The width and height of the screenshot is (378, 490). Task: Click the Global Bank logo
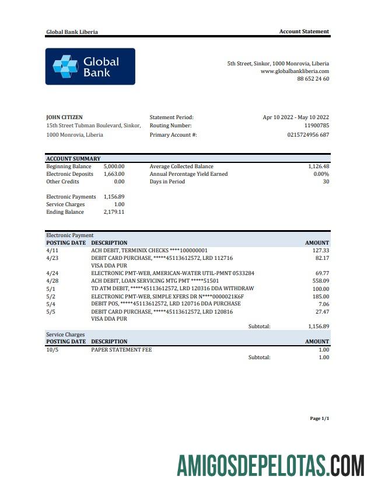(x=90, y=67)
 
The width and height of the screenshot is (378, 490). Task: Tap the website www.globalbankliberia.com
(x=295, y=71)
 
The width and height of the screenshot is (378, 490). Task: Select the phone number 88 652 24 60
(x=313, y=79)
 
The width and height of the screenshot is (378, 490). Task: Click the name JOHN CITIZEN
(x=64, y=117)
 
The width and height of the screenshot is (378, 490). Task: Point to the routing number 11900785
(x=317, y=126)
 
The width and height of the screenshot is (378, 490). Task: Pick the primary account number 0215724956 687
(x=308, y=135)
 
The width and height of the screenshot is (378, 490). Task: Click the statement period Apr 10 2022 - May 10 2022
(x=296, y=117)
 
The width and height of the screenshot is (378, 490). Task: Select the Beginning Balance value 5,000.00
(x=114, y=166)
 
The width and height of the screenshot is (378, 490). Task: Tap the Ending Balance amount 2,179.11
(x=114, y=212)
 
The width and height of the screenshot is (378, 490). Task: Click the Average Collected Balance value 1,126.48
(x=318, y=166)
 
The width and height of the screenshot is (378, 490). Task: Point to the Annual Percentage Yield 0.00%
(x=321, y=174)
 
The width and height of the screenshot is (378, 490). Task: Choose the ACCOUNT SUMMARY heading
(x=73, y=159)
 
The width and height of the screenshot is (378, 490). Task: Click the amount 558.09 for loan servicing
(x=320, y=281)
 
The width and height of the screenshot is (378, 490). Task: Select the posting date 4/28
(x=52, y=281)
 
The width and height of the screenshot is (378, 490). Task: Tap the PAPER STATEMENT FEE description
(x=121, y=350)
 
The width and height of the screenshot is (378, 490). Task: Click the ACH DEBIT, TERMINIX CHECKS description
(x=149, y=251)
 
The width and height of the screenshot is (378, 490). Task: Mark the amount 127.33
(x=320, y=251)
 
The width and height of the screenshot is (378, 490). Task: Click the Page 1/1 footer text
(x=320, y=419)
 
